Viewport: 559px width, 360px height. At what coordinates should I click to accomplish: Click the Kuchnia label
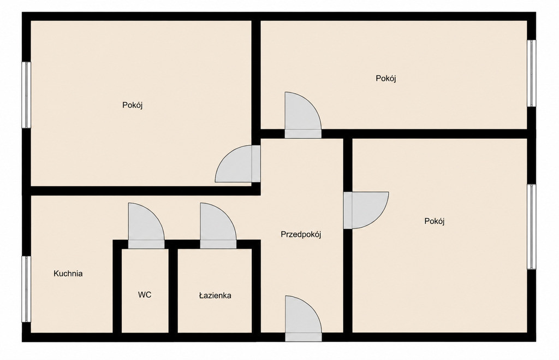tap(68, 274)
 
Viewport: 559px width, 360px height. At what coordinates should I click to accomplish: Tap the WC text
tap(145, 294)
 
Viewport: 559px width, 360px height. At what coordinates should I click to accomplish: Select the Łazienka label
tap(215, 296)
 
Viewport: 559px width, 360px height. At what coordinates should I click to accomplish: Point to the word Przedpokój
tap(301, 234)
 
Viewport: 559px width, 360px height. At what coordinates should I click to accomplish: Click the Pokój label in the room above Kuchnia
tap(133, 105)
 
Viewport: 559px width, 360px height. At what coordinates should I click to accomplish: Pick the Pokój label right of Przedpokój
tap(435, 221)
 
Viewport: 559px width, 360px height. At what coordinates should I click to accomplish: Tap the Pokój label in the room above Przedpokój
tap(386, 78)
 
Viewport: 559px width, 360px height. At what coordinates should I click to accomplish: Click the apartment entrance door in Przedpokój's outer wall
tap(304, 318)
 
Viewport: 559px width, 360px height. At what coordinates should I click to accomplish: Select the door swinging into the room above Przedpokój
tap(303, 115)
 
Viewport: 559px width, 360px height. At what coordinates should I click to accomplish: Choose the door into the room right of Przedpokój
tap(366, 210)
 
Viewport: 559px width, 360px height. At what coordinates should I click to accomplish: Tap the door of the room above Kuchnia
tap(238, 164)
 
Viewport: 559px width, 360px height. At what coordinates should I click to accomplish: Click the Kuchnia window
tap(26, 290)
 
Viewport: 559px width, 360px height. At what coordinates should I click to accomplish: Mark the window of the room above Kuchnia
tap(26, 95)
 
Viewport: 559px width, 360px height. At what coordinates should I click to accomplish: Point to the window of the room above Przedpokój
tap(532, 73)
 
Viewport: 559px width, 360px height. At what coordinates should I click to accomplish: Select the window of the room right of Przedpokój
tap(532, 227)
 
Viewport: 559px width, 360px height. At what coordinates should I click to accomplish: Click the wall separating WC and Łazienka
tap(173, 291)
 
